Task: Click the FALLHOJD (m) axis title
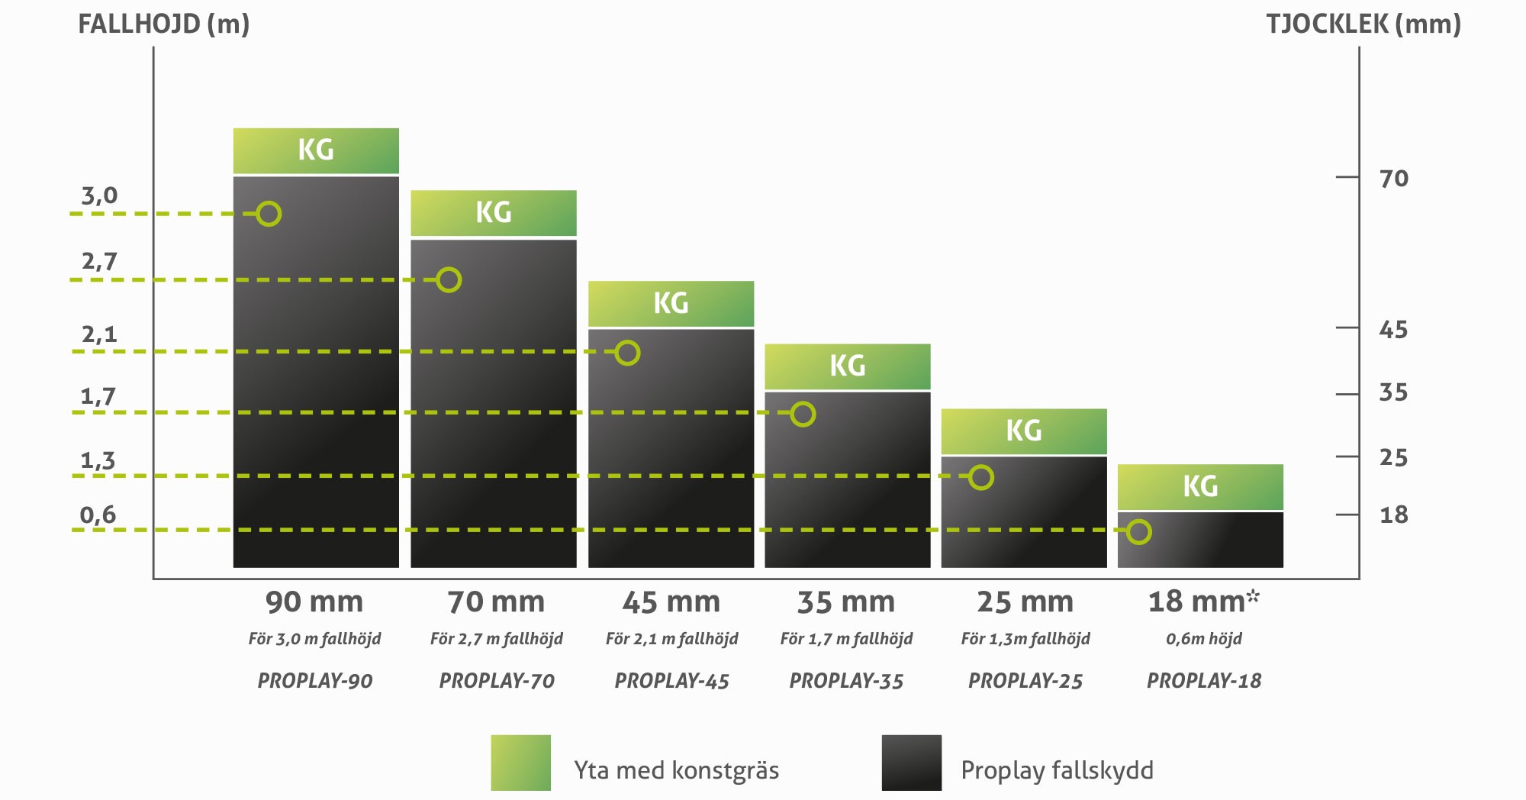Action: [164, 24]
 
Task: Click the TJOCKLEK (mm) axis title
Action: [1363, 24]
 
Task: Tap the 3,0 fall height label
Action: [100, 196]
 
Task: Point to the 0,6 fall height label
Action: [98, 515]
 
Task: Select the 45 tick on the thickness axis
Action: [1393, 330]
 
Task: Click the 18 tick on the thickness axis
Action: [1393, 515]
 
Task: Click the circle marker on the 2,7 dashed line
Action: [449, 280]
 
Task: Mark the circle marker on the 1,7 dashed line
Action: [803, 414]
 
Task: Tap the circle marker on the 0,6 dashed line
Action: [1138, 531]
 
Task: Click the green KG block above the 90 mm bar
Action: [316, 150]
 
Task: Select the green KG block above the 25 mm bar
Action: [1024, 431]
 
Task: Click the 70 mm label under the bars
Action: [496, 602]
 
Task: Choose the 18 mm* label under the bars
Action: [1203, 602]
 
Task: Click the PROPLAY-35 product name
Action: [846, 681]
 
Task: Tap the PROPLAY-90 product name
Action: [315, 681]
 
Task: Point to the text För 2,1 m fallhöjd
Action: [671, 639]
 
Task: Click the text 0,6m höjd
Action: [1203, 639]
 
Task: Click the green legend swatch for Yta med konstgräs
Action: [520, 763]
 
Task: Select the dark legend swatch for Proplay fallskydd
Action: [911, 763]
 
